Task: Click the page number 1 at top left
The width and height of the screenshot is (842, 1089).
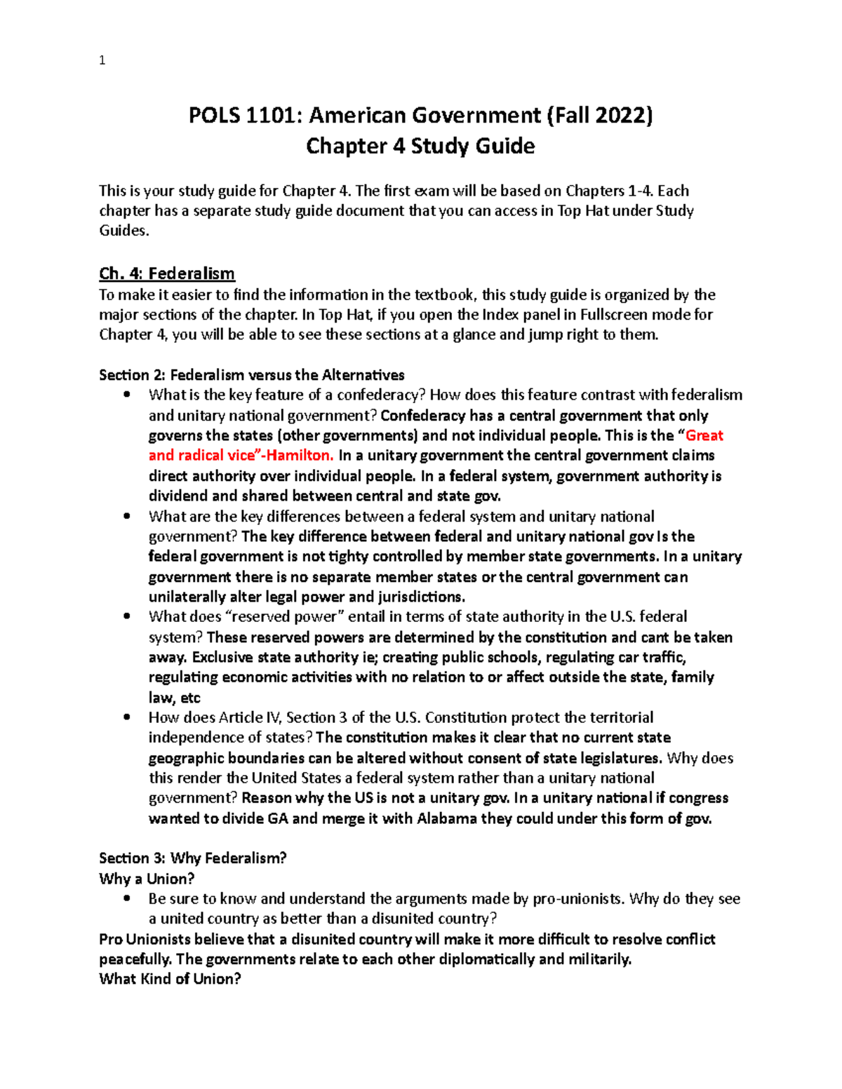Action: pos(102,61)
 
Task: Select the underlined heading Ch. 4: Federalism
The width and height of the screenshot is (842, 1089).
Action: pos(167,273)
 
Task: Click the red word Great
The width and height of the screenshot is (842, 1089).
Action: pos(704,435)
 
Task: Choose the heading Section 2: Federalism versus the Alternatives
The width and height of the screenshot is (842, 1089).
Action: pos(251,374)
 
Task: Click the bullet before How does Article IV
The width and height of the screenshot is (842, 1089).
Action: pos(126,717)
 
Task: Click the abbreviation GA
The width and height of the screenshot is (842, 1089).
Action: pos(278,818)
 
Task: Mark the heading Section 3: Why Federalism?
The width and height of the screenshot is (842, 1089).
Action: pos(193,858)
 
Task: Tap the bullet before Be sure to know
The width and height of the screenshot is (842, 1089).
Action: pos(126,898)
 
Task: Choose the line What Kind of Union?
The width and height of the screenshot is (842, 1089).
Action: pos(170,979)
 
